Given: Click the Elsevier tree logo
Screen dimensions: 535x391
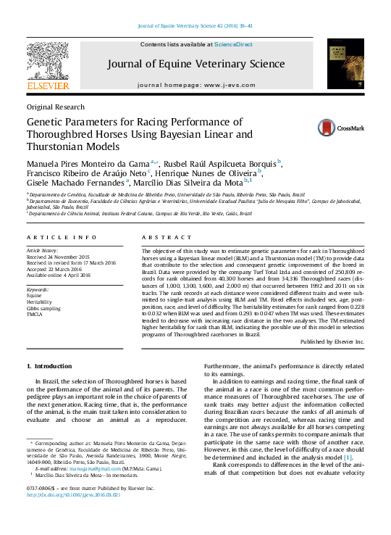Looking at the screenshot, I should [48, 62].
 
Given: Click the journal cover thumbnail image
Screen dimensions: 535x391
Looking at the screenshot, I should [345, 65].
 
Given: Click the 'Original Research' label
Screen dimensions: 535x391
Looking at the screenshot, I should [54, 106].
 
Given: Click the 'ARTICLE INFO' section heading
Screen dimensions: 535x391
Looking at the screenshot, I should [61, 238].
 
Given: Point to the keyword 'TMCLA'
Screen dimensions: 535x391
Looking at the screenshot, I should [35, 314].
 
